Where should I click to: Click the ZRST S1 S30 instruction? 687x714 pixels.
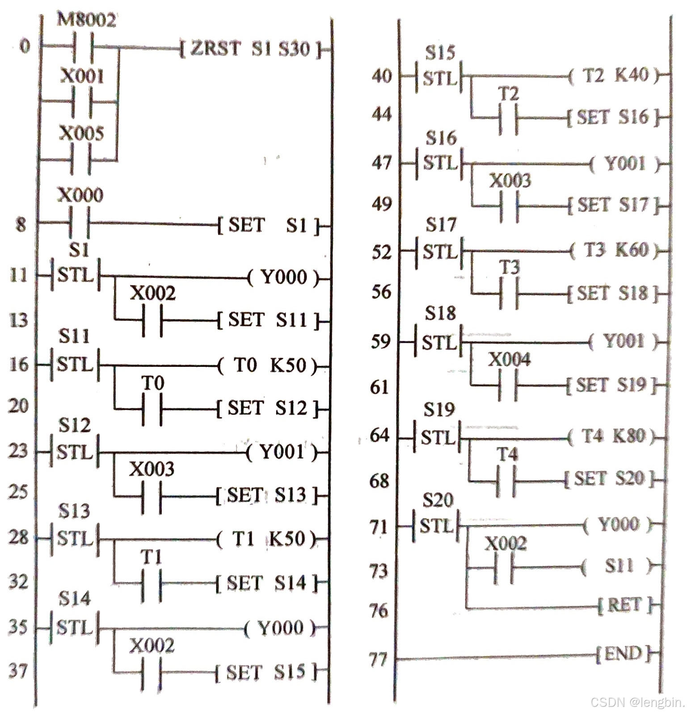click(250, 48)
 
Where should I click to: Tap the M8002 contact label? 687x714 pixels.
click(86, 20)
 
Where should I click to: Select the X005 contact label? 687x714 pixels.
click(81, 133)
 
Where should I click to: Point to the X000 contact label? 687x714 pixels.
click(80, 195)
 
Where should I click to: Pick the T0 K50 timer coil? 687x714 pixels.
click(268, 365)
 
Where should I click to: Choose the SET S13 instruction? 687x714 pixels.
click(267, 495)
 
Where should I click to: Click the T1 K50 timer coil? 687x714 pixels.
click(267, 539)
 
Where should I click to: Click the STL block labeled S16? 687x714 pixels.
click(440, 163)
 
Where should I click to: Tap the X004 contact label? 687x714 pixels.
click(509, 359)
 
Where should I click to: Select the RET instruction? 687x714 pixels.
click(624, 605)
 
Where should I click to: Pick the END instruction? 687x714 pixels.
click(623, 654)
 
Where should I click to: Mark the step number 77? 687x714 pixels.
click(378, 659)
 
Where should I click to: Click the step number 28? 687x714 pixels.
click(18, 537)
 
